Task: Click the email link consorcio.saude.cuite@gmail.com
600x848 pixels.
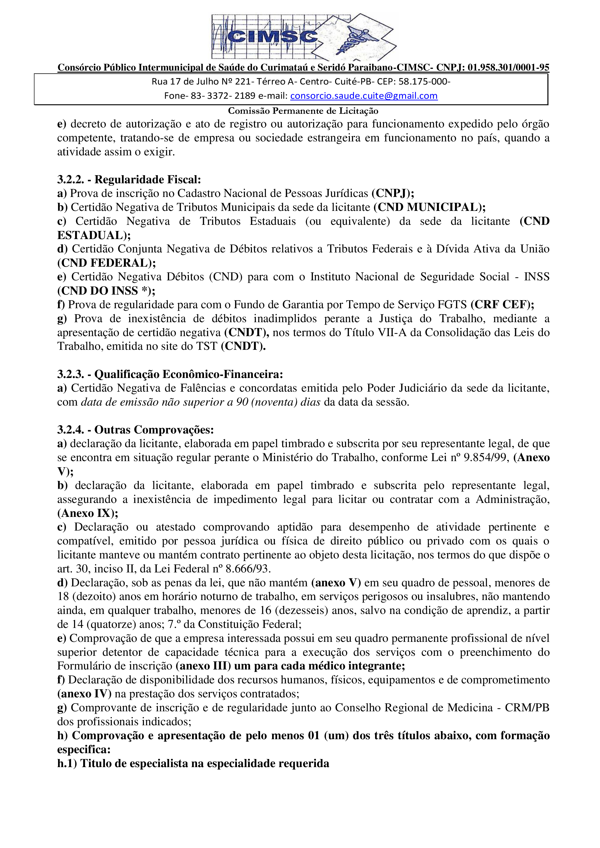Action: click(364, 96)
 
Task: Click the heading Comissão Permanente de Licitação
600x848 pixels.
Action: click(303, 111)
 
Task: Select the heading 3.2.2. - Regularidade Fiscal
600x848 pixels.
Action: click(129, 180)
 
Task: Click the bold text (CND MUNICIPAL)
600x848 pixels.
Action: click(429, 208)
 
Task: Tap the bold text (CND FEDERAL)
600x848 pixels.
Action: click(106, 263)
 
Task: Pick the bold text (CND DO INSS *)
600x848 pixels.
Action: click(106, 291)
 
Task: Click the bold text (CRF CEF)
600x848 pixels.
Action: click(502, 305)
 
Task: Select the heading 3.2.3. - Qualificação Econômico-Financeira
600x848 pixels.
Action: click(170, 375)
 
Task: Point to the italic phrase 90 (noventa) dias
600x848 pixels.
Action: click(278, 402)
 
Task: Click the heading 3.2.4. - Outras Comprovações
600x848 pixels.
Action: click(135, 430)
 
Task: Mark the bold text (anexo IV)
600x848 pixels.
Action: click(84, 694)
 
